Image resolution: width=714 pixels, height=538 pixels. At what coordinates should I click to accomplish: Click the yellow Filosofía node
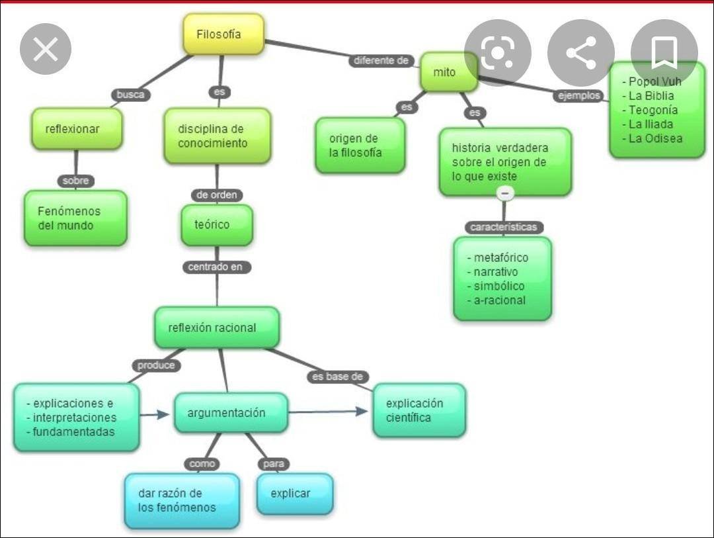click(223, 34)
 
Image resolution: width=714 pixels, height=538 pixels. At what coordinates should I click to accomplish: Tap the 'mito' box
click(448, 72)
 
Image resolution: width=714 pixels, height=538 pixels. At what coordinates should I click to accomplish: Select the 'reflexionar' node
click(77, 129)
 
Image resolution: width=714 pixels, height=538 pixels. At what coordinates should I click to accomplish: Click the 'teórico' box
click(217, 225)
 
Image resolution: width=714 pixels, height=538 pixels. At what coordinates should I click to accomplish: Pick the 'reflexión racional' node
click(217, 328)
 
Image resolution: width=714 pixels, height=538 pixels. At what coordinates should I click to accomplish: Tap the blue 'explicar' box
click(295, 494)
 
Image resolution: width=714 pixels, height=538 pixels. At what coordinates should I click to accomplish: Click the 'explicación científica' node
click(419, 410)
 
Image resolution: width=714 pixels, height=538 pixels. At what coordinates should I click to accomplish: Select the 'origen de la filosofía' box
click(360, 146)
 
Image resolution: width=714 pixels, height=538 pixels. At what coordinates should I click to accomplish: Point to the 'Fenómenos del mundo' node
click(75, 218)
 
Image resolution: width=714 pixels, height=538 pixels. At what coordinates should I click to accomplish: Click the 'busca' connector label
click(130, 95)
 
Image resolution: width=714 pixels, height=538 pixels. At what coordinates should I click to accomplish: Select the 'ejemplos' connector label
click(579, 96)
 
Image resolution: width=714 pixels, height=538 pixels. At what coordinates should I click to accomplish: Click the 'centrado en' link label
click(216, 267)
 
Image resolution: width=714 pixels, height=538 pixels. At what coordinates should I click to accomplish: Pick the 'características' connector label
click(504, 227)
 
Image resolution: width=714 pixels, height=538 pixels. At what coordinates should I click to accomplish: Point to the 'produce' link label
click(157, 365)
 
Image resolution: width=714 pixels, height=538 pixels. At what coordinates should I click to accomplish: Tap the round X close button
click(46, 49)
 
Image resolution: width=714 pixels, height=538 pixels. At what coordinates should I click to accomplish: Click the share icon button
click(580, 53)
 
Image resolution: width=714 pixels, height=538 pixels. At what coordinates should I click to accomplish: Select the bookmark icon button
click(664, 53)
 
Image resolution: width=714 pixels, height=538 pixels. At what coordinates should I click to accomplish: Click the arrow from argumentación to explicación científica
click(329, 412)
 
